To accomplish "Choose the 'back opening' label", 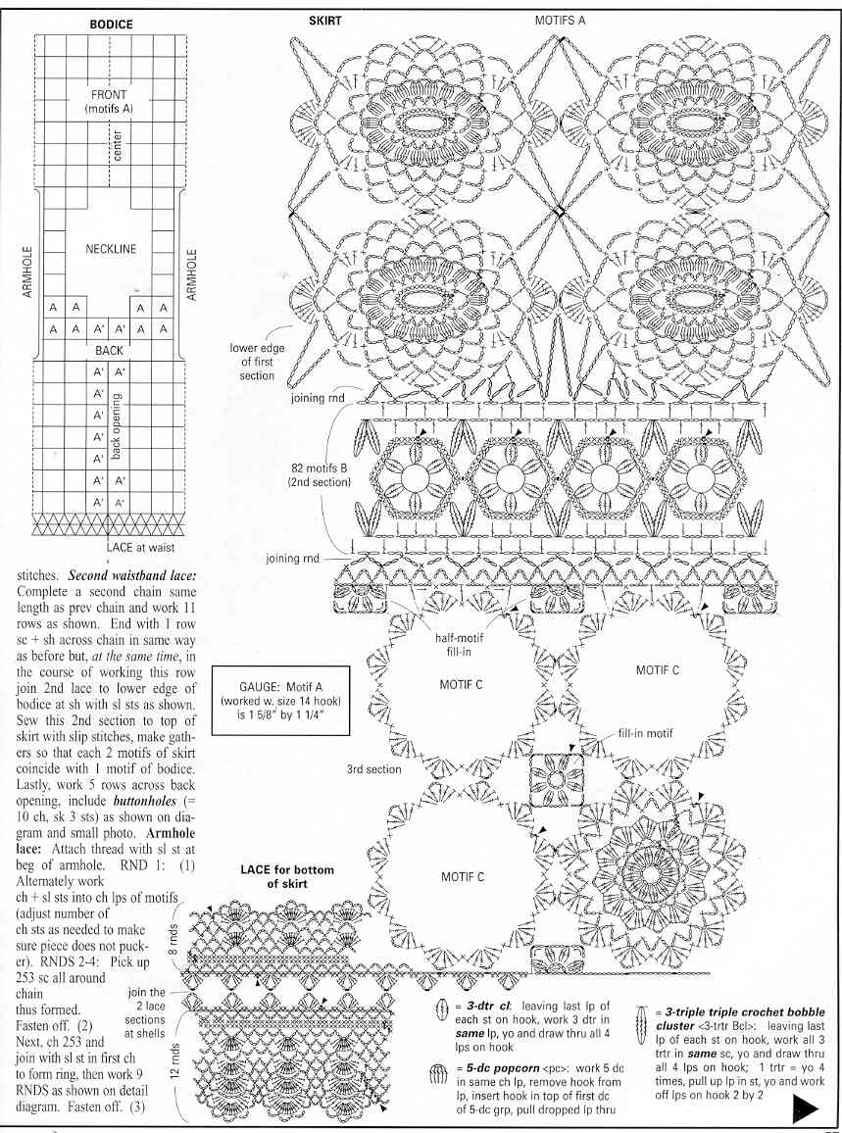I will point(117,427).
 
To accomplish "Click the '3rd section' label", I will point(373,769).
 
